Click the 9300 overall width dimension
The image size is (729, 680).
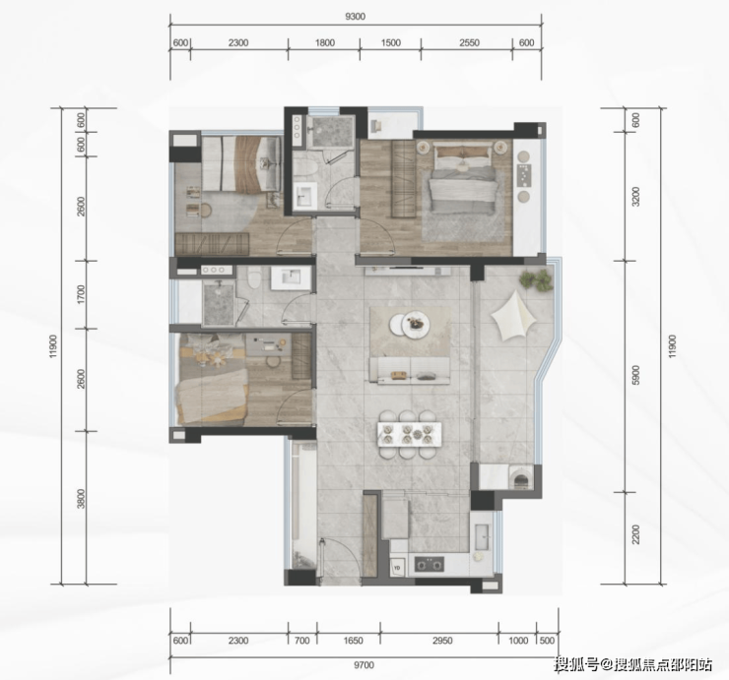(356, 17)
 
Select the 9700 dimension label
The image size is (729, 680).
(364, 665)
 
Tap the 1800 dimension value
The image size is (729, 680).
(325, 42)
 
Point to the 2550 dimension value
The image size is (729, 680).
(469, 42)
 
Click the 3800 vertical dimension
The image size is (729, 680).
(82, 498)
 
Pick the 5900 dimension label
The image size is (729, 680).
(636, 375)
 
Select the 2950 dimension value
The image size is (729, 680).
(442, 641)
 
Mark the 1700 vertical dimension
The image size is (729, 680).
(82, 294)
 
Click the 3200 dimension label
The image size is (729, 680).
(636, 197)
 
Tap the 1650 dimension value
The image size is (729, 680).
(353, 641)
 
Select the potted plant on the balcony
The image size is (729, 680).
(536, 280)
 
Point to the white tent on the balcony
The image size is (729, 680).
(510, 317)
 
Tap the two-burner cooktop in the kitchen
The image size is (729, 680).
(430, 564)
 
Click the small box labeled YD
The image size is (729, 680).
(397, 567)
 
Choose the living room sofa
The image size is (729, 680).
(410, 370)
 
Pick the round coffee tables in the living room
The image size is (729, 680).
(409, 324)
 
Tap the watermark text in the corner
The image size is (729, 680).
(632, 665)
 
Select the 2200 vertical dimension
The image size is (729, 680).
(636, 534)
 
